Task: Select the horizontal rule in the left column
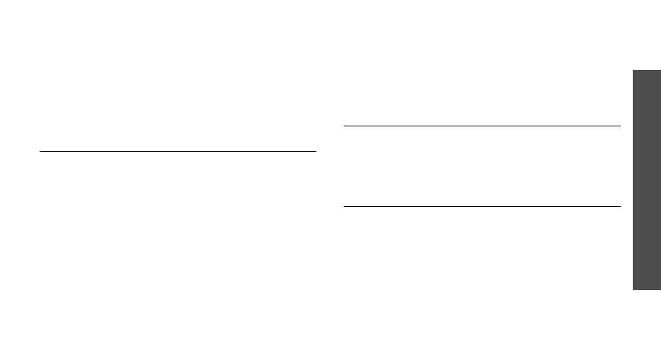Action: point(177,150)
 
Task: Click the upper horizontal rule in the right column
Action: point(482,126)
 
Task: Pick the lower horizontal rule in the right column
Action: point(482,206)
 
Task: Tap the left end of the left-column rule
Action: point(40,150)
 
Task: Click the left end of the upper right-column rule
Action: point(344,126)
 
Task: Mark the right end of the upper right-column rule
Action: point(619,126)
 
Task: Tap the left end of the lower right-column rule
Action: point(344,206)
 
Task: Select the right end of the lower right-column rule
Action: point(619,206)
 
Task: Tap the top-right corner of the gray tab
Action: point(660,69)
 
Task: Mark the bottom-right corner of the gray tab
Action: point(660,289)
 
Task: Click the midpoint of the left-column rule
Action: point(177,150)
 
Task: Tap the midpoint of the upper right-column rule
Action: point(482,126)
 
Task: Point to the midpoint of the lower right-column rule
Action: point(482,206)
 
